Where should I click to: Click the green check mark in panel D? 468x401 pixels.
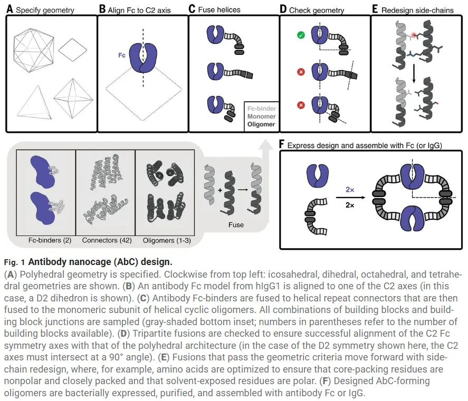(x=301, y=36)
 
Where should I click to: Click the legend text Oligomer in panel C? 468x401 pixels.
(x=261, y=124)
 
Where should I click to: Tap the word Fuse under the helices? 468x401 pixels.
(x=235, y=224)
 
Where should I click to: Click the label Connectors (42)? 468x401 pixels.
(x=106, y=241)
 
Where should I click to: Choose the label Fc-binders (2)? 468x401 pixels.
(x=46, y=241)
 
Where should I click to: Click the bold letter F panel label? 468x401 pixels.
(x=282, y=144)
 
